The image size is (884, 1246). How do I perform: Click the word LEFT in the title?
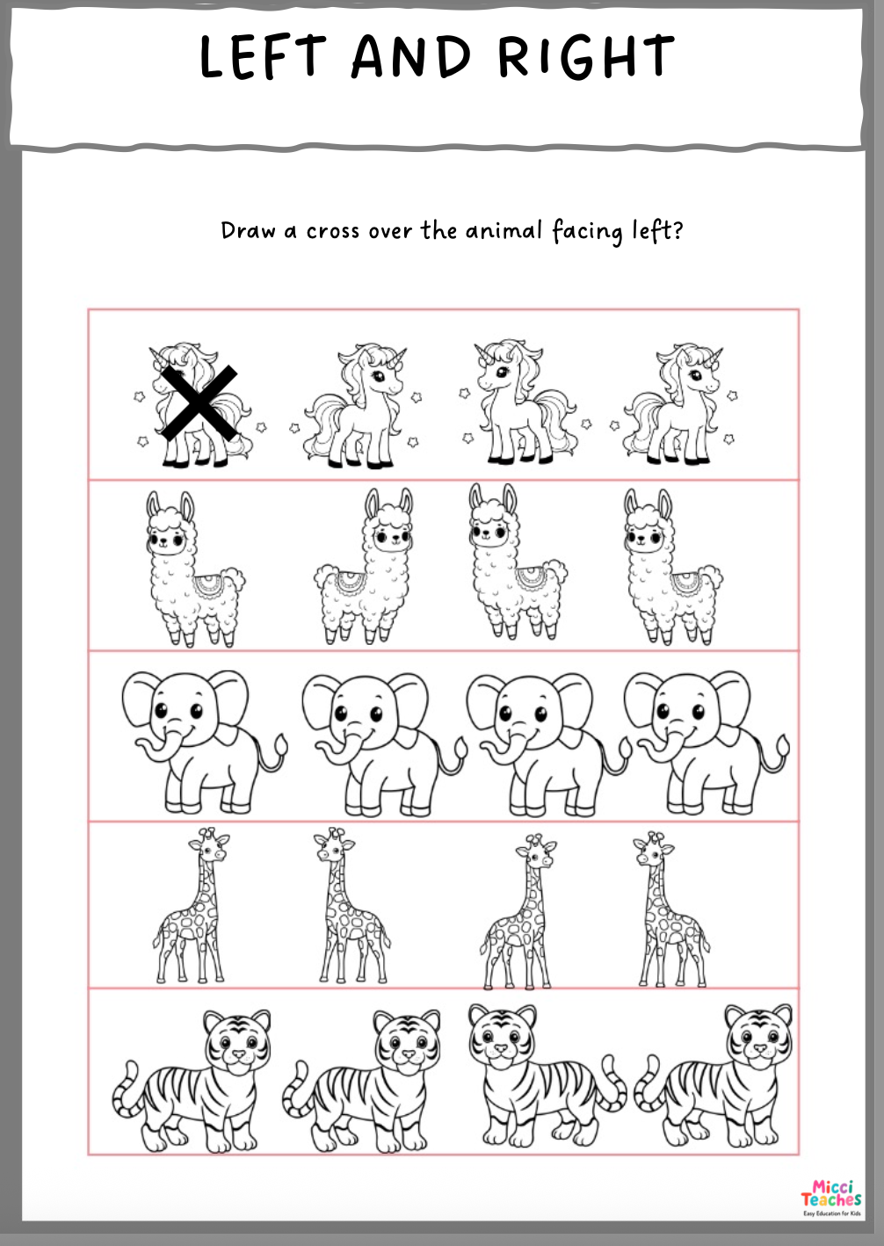tap(263, 55)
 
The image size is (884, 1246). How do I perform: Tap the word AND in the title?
tap(412, 55)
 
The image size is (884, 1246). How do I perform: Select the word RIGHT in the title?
tap(586, 55)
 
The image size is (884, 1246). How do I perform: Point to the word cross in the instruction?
tap(333, 231)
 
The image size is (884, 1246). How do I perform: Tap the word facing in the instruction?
tap(587, 232)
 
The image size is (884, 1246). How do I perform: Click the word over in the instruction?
tap(390, 231)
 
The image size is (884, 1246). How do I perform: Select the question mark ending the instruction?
tap(677, 229)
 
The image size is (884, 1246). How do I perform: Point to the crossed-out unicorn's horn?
tap(157, 357)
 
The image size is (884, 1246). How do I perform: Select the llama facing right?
tap(365, 566)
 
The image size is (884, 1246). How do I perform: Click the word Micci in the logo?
tap(831, 1187)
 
